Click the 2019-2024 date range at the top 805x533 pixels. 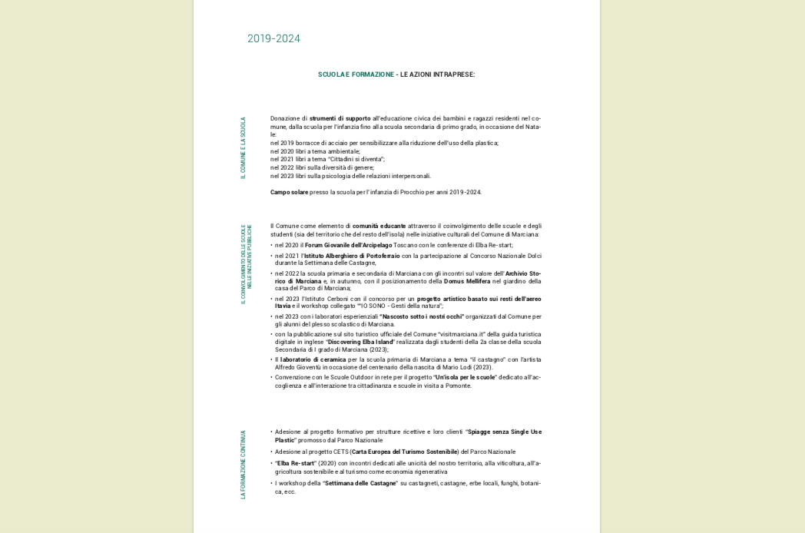pyautogui.click(x=273, y=38)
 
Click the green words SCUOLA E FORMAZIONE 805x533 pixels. pyautogui.click(x=356, y=74)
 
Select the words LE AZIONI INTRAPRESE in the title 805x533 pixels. pyautogui.click(x=437, y=74)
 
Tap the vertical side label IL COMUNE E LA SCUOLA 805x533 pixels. pyautogui.click(x=243, y=148)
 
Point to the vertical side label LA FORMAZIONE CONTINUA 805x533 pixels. pyautogui.click(x=243, y=465)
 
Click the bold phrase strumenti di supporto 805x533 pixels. pyautogui.click(x=340, y=118)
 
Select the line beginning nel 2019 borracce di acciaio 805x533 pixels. pyautogui.click(x=384, y=143)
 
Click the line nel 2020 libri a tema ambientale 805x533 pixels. pyautogui.click(x=315, y=151)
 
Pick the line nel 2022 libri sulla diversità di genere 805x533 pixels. pyautogui.click(x=322, y=167)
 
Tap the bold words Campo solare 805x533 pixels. pyautogui.click(x=289, y=192)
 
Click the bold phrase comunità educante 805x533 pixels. pyautogui.click(x=379, y=226)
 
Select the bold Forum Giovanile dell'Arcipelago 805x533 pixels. pyautogui.click(x=348, y=245)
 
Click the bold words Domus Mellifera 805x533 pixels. pyautogui.click(x=467, y=281)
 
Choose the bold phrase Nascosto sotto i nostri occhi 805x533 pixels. pyautogui.click(x=422, y=316)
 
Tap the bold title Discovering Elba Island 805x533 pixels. pyautogui.click(x=361, y=342)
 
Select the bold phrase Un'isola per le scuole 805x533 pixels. pyautogui.click(x=465, y=377)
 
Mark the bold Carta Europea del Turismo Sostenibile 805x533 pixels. pyautogui.click(x=405, y=452)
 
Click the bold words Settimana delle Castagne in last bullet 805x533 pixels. pyautogui.click(x=360, y=483)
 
